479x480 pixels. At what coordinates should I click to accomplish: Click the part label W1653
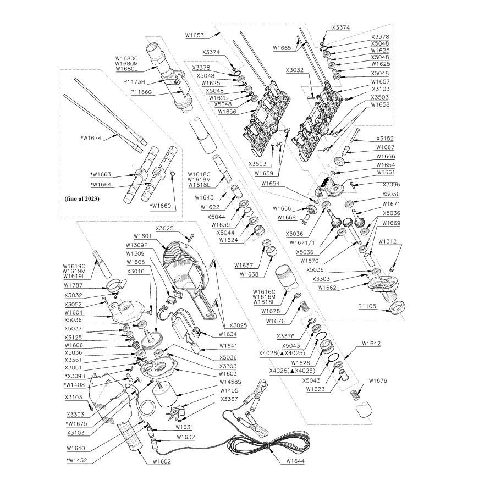point(195,35)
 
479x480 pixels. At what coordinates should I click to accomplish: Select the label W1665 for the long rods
point(283,48)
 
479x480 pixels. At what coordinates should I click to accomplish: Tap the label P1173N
point(134,81)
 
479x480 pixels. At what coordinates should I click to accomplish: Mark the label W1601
point(136,236)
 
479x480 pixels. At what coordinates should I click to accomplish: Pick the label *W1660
point(161,206)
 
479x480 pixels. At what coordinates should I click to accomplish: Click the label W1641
point(229,346)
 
